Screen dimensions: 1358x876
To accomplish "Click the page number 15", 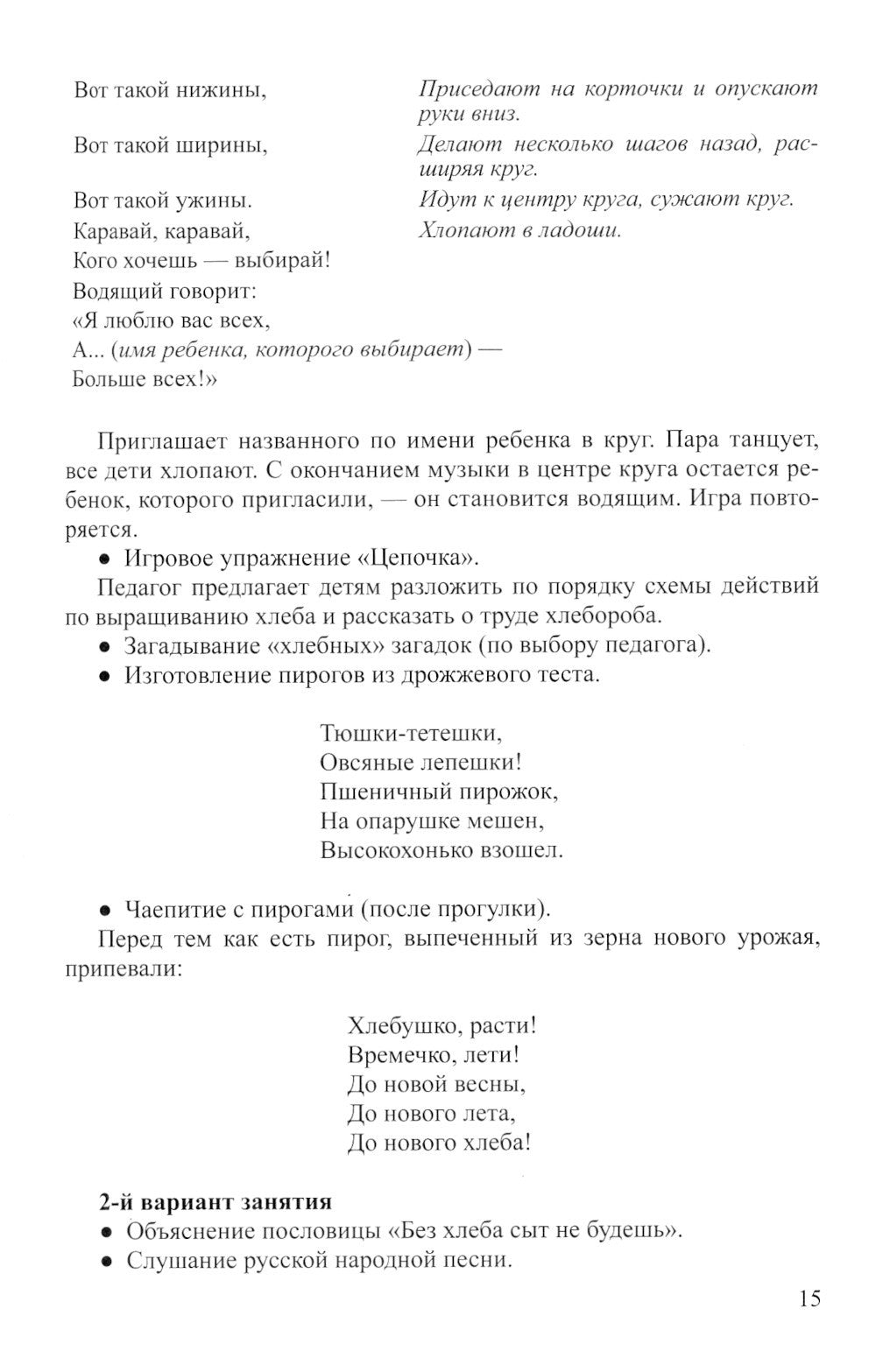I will click(x=809, y=1298).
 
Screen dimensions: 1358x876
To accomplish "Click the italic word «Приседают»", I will click(x=477, y=89).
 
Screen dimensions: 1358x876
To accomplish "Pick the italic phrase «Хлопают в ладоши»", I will click(x=519, y=231).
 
